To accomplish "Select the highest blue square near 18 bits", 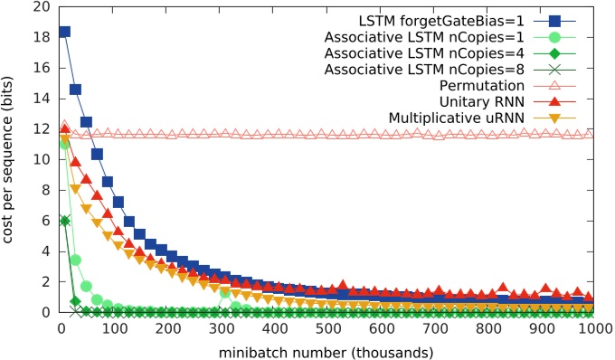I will (64, 32).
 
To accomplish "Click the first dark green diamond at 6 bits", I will (64, 221).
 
